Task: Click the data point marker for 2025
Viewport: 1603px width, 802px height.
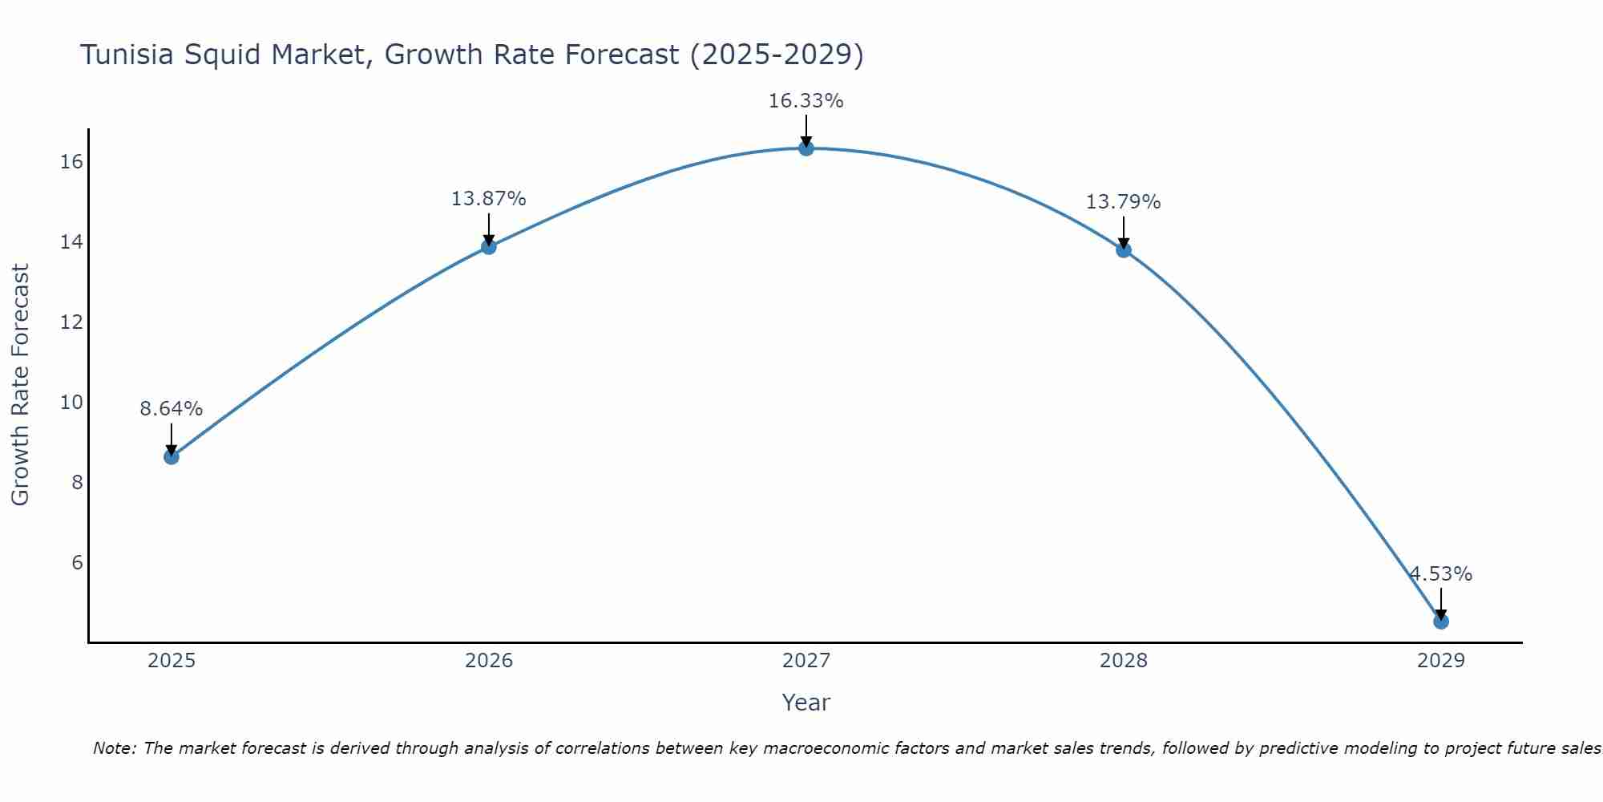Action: (172, 456)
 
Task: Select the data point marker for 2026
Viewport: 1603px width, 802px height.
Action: (489, 246)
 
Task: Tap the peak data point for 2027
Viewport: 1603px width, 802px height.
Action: (806, 148)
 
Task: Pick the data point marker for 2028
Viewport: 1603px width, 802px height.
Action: (1124, 249)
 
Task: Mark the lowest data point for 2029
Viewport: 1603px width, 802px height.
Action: (1441, 621)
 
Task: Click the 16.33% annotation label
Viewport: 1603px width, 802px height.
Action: (806, 101)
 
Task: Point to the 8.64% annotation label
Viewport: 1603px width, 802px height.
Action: (172, 409)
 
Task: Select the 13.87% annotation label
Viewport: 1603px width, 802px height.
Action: (488, 199)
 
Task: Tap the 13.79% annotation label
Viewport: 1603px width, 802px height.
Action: (1123, 202)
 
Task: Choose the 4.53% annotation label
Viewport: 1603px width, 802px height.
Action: (1441, 574)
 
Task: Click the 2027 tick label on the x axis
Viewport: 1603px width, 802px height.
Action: (806, 661)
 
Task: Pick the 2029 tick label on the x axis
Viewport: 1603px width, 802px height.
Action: (1441, 661)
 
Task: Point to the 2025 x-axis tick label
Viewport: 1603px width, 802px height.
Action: (172, 661)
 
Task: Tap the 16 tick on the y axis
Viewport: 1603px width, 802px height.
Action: (71, 162)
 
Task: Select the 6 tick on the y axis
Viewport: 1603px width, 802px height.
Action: (77, 562)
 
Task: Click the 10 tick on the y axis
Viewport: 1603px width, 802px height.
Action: (71, 402)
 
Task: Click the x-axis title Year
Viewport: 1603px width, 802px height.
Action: (806, 703)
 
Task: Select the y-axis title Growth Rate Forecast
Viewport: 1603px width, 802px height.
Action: (20, 385)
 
